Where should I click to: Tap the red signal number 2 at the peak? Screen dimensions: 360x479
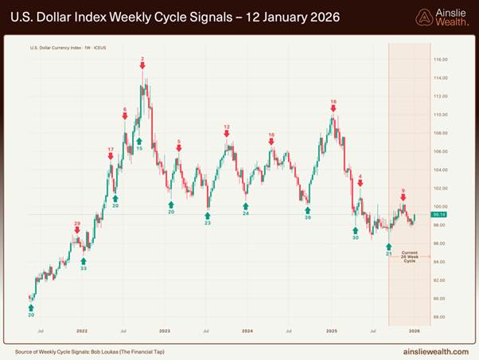(x=142, y=59)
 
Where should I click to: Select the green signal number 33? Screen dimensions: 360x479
(x=84, y=268)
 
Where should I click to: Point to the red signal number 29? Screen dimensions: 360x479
(x=77, y=224)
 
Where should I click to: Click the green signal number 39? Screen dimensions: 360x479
(x=307, y=217)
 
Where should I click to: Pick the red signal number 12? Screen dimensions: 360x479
(x=227, y=127)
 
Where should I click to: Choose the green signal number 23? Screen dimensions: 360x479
(x=208, y=223)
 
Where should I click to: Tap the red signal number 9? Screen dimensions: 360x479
(x=403, y=191)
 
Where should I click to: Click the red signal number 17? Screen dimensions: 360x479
(x=111, y=150)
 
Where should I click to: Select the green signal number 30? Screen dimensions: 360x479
(x=356, y=237)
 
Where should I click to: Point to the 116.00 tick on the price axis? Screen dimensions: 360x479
(x=440, y=60)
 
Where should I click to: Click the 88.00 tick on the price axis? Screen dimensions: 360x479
(x=440, y=317)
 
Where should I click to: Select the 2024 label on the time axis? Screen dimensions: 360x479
(x=247, y=329)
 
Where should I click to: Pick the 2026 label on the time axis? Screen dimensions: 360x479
(x=414, y=329)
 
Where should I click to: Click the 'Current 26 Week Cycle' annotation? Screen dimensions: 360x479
(x=409, y=256)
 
